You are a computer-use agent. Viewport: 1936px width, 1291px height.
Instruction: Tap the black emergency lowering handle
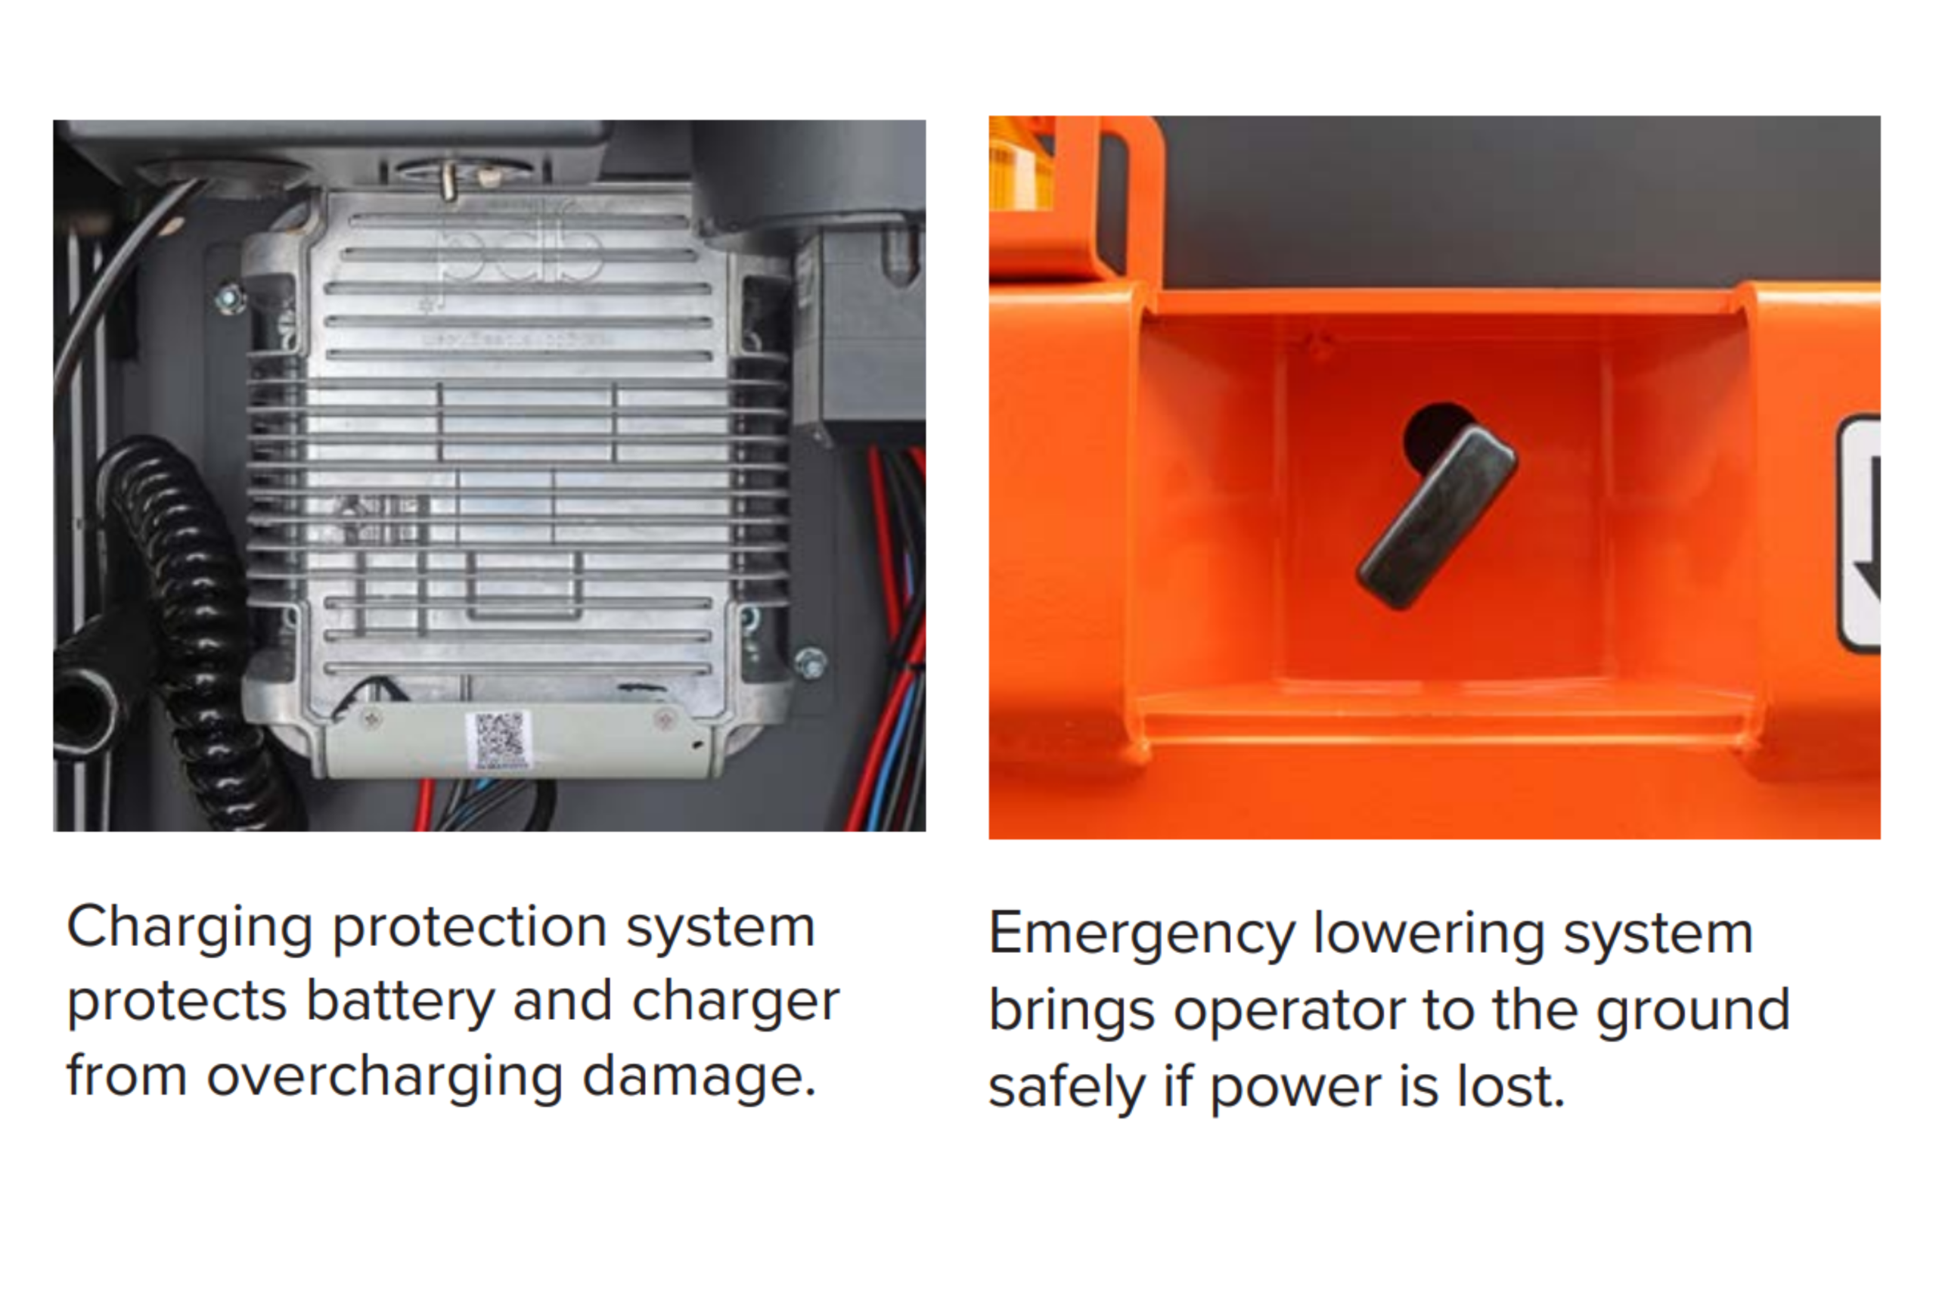click(1437, 517)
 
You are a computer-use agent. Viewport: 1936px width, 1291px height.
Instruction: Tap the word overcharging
click(384, 1077)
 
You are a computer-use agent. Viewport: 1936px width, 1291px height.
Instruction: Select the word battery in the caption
click(400, 1003)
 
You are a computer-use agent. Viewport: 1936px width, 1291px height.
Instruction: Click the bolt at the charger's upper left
click(230, 298)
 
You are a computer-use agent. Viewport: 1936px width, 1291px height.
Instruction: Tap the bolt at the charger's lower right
click(810, 663)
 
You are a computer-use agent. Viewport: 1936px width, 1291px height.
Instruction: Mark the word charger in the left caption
click(736, 1003)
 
